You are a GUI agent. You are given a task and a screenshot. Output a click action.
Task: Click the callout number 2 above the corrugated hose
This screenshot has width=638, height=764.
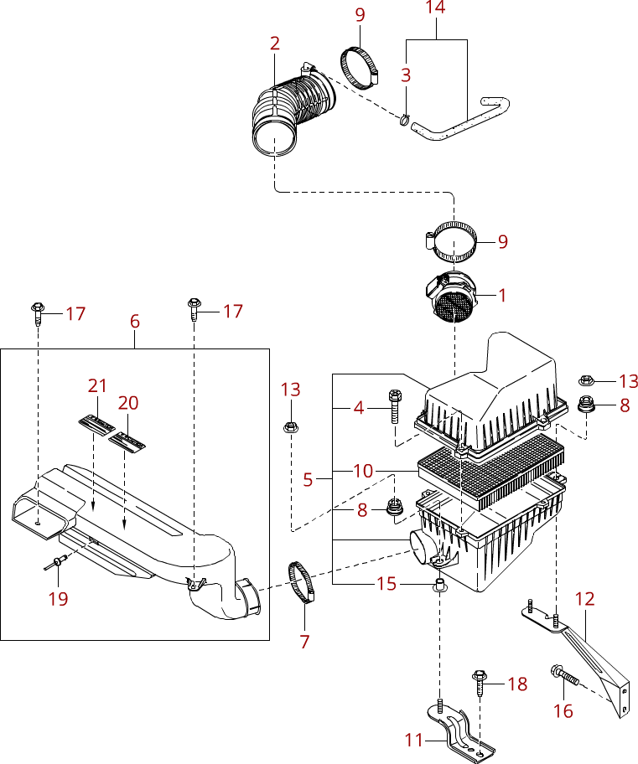coord(275,44)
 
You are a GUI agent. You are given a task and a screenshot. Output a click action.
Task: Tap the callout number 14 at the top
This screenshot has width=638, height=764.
coord(436,8)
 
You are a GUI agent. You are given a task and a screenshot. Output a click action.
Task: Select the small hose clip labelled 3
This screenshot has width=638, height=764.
coord(405,119)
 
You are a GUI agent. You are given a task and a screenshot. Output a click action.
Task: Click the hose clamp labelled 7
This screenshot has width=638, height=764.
coord(302,581)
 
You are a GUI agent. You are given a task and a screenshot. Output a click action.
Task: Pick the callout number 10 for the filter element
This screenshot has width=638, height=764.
coord(363,471)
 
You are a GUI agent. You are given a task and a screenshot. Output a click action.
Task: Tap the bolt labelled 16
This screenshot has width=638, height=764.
coord(565,675)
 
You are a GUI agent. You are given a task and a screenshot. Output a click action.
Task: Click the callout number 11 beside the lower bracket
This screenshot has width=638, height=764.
coord(413,741)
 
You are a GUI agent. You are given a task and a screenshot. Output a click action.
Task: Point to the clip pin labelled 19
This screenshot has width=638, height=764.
coord(54,564)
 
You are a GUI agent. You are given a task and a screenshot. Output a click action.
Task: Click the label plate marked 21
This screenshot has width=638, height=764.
coord(97,423)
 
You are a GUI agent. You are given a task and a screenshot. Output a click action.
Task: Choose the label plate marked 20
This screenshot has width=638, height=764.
coord(127,440)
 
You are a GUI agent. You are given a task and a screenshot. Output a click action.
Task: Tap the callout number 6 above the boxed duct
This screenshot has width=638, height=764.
coord(135,321)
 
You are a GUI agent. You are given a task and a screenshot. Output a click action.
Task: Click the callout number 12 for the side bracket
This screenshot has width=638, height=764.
coord(585,599)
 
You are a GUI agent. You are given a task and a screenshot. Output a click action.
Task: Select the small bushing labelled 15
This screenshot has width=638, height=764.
coord(439,585)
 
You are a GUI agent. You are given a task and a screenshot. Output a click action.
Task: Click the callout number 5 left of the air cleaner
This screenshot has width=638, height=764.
coord(308,479)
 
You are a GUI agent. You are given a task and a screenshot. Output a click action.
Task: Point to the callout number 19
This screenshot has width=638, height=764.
coord(58,599)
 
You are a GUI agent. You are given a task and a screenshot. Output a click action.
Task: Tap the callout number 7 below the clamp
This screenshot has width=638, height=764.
coord(305,642)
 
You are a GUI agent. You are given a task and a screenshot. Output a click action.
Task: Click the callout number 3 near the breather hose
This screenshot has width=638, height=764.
coord(406,75)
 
